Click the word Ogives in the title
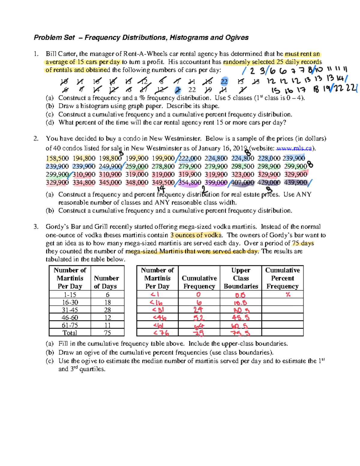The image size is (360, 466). point(236,38)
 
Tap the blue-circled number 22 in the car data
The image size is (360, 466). point(224,82)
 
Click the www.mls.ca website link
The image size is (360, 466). point(294,148)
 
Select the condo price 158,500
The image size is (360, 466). point(57,158)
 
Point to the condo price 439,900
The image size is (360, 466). point(295,182)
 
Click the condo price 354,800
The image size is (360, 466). point(190,182)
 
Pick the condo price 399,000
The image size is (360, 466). point(216,182)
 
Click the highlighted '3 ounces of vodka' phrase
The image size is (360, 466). point(196,235)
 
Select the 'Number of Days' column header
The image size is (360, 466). point(106,282)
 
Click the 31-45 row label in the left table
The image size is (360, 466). point(70,310)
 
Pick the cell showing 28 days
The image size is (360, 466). point(107,310)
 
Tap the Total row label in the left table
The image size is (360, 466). point(70,333)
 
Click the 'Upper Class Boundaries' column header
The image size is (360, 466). point(241,278)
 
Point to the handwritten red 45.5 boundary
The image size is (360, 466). point(241,317)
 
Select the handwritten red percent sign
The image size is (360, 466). point(288,295)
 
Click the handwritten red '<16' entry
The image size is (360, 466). point(157,303)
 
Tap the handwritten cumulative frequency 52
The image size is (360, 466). point(199,318)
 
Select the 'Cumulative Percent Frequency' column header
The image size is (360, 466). point(282,278)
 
